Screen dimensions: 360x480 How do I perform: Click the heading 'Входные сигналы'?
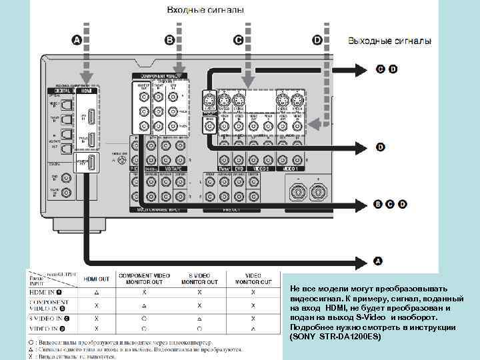[204, 10]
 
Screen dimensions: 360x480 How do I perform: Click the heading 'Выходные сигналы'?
[389, 41]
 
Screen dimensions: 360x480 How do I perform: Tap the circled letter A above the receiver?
[77, 41]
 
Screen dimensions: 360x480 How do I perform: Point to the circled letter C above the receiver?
[237, 41]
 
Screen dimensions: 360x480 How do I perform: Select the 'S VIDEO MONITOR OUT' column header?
[199, 279]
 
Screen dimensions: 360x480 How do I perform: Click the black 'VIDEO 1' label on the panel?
[264, 169]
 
